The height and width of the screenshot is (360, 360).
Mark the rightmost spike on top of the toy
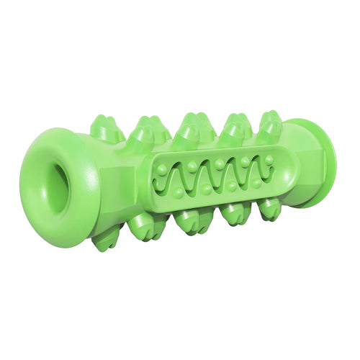[270, 122]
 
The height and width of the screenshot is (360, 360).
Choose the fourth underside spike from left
[235, 215]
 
